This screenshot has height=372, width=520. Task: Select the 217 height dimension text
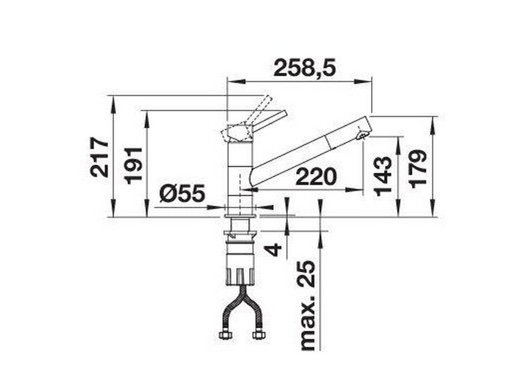100,157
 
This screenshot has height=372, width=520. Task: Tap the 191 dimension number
134,165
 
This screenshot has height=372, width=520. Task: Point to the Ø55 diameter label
182,194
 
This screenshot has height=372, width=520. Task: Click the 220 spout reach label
316,177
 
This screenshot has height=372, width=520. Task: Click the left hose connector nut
224,335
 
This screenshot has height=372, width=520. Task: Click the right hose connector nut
259,335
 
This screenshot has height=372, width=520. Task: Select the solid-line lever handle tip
284,113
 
